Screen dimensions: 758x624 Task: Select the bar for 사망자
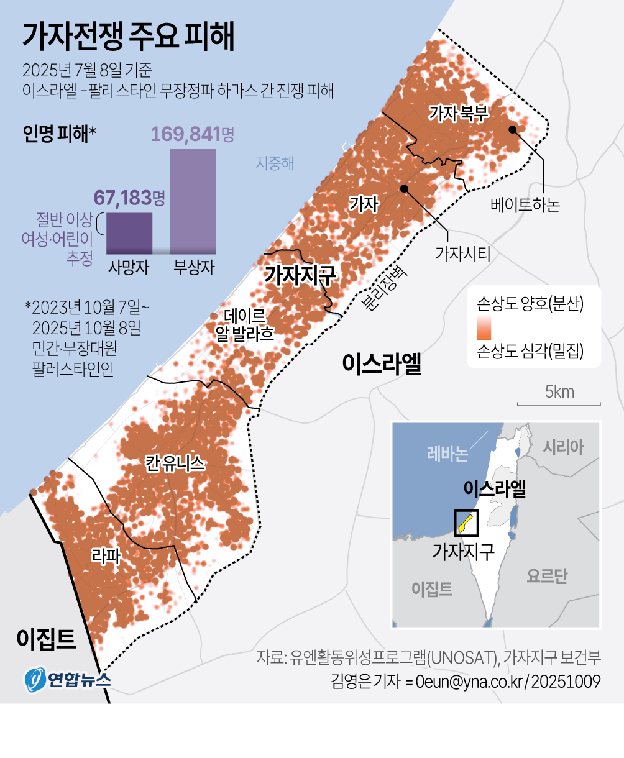[129, 233]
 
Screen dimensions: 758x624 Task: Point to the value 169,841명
[193, 134]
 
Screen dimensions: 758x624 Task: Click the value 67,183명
[129, 198]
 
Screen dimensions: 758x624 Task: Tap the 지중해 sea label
[275, 163]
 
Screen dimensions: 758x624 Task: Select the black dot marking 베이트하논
[512, 129]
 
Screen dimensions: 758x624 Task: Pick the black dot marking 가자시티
[404, 188]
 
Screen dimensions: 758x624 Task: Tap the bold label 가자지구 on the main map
[300, 274]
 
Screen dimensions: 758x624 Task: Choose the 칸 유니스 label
[175, 463]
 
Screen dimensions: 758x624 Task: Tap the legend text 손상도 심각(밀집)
[530, 351]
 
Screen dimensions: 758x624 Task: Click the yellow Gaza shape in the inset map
[464, 524]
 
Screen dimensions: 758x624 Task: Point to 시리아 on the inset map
[563, 447]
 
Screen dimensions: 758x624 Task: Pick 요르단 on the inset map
[547, 576]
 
